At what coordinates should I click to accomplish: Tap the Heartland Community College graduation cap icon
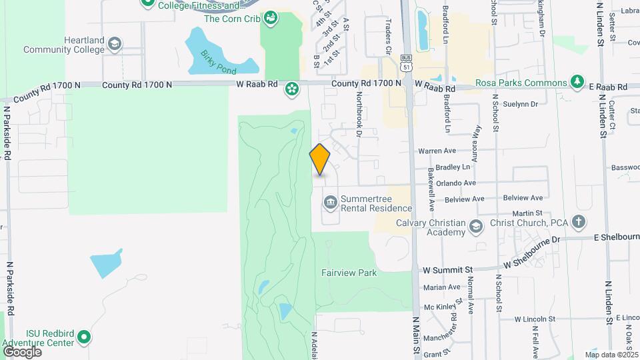pyautogui.click(x=115, y=44)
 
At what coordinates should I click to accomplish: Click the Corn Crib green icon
pyautogui.click(x=270, y=18)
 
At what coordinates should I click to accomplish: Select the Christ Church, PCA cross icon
pyautogui.click(x=579, y=222)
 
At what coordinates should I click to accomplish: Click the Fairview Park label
pyautogui.click(x=349, y=273)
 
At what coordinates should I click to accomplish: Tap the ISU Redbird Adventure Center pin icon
pyautogui.click(x=83, y=338)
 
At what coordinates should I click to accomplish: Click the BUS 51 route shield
pyautogui.click(x=406, y=63)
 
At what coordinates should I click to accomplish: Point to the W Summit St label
pyautogui.click(x=448, y=269)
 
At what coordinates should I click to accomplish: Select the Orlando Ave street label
pyautogui.click(x=456, y=183)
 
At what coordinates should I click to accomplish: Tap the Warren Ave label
pyautogui.click(x=437, y=151)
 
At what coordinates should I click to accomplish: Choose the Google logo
pyautogui.click(x=22, y=351)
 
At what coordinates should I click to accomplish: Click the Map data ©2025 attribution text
pyautogui.click(x=611, y=355)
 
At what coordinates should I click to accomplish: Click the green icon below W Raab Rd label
pyautogui.click(x=291, y=89)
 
